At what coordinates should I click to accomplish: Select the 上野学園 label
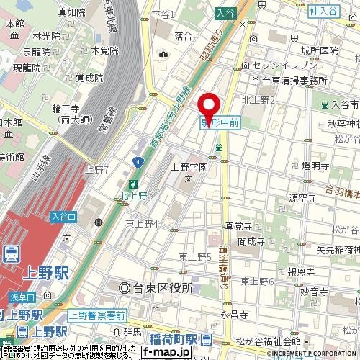tap(189, 167)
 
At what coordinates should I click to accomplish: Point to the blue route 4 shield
tap(136, 165)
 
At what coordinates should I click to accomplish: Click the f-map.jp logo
tap(166, 352)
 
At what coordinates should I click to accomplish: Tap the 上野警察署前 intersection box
tap(96, 315)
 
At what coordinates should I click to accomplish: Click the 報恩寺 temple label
tap(300, 272)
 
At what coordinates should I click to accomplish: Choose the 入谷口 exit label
tap(63, 215)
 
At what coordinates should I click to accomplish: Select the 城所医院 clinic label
tap(320, 50)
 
